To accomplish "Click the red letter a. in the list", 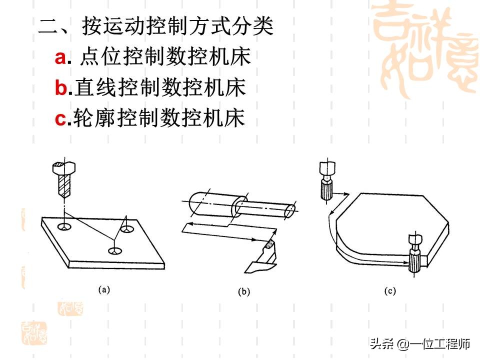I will coord(60,58).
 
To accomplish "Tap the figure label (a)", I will coord(103,289).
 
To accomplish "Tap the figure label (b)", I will coord(243,292).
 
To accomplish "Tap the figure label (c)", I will coord(389,290).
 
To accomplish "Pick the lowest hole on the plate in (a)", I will coord(115,249).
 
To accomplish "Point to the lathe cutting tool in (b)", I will coord(262,257).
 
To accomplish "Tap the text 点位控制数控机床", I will coord(165,58).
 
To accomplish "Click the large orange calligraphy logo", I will coord(425,47).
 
